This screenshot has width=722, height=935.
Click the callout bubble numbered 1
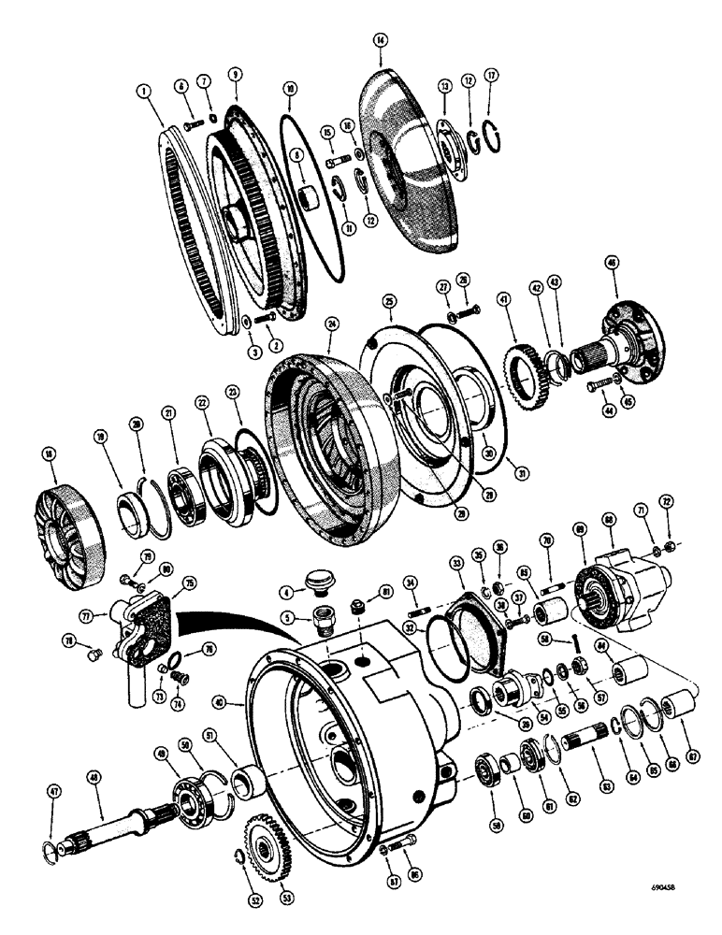tap(143, 91)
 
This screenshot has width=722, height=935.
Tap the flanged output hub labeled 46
tap(628, 324)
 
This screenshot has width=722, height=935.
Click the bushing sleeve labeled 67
tap(678, 718)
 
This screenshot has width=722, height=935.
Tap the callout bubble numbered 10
tap(290, 90)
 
